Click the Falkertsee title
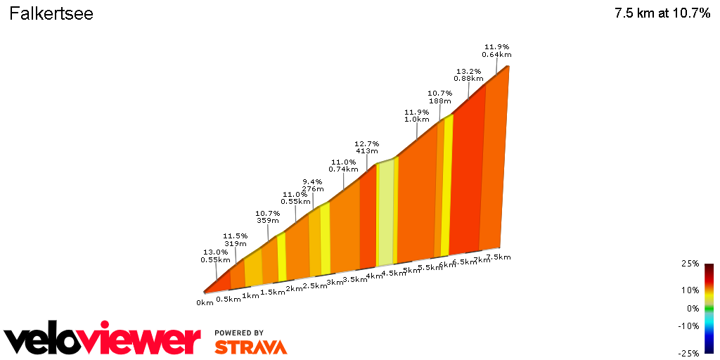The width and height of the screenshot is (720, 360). click(51, 14)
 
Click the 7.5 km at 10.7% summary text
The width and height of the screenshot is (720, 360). click(662, 14)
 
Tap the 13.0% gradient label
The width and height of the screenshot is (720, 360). click(215, 255)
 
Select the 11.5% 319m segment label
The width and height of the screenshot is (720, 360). click(236, 240)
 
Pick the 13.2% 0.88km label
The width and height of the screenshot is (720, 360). click(468, 75)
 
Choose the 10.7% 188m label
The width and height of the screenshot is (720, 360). click(439, 97)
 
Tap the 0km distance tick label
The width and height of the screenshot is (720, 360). click(205, 303)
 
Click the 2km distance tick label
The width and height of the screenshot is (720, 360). click(294, 288)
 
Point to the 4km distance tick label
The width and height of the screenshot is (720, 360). click(373, 276)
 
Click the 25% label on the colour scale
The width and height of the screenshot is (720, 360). click(690, 264)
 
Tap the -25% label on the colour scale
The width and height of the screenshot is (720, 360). click(688, 353)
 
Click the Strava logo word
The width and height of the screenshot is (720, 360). click(250, 347)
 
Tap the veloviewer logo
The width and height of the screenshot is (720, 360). click(103, 341)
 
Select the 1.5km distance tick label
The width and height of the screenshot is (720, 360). click(272, 292)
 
